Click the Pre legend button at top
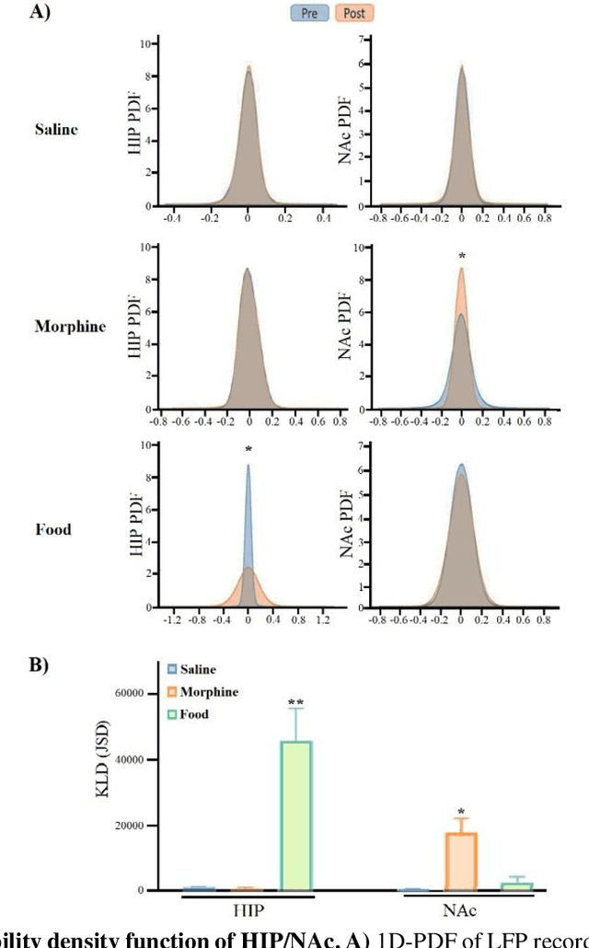(307, 13)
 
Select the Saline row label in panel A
(57, 129)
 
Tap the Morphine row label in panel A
(70, 327)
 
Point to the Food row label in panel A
(52, 529)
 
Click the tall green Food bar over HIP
(295, 815)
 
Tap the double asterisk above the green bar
(295, 703)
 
